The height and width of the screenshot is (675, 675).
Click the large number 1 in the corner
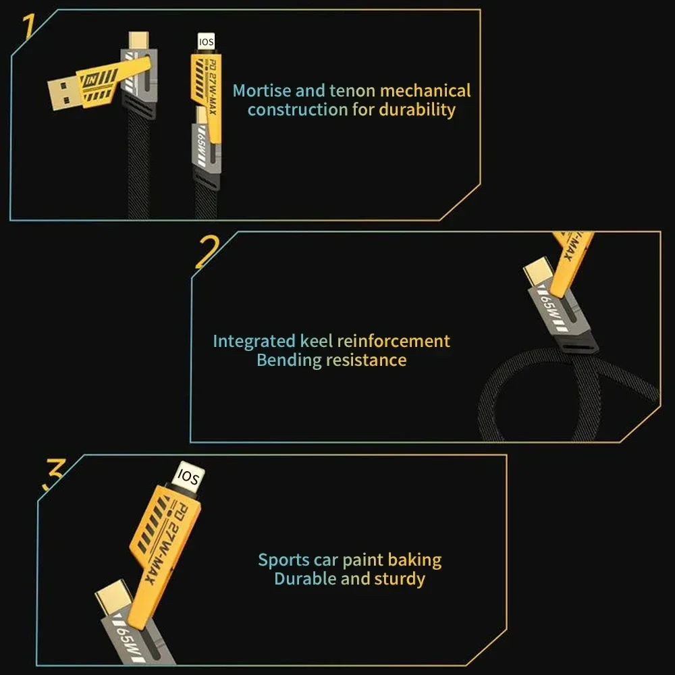(x=28, y=27)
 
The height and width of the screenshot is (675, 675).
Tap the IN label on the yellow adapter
(x=92, y=80)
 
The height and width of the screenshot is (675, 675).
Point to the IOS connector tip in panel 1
(x=205, y=43)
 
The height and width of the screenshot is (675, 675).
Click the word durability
(x=416, y=109)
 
